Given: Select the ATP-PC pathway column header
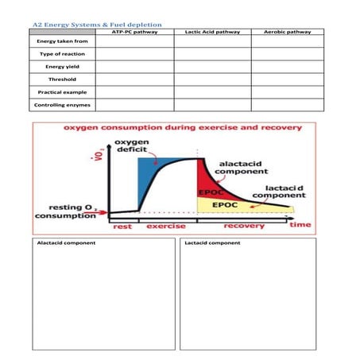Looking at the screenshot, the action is (134, 33).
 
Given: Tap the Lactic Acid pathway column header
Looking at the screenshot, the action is (211, 33).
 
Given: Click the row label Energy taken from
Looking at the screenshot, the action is (62, 41).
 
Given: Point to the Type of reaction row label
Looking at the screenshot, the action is (62, 54).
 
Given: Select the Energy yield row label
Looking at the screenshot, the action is (62, 67).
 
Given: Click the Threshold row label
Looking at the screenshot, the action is (62, 79).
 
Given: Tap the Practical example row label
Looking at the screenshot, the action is (62, 91).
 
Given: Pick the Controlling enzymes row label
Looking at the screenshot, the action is (62, 104).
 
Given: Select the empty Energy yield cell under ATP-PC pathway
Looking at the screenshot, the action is (134, 67).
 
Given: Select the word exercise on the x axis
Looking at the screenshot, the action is (166, 226).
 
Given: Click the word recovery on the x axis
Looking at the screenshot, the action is (243, 226).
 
